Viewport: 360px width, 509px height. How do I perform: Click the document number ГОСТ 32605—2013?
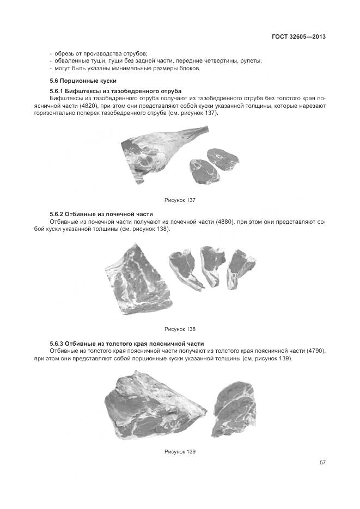click(298, 37)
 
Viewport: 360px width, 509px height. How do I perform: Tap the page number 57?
click(322, 462)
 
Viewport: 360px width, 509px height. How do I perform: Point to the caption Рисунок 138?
click(180, 329)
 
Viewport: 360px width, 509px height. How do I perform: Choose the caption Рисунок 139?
click(180, 451)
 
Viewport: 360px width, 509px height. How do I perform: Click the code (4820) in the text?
click(91, 105)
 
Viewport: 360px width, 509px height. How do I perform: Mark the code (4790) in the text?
click(315, 352)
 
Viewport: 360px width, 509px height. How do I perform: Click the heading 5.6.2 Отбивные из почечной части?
click(101, 214)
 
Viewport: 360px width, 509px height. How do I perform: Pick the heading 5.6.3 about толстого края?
click(127, 344)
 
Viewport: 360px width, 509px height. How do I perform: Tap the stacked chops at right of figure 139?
click(234, 405)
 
